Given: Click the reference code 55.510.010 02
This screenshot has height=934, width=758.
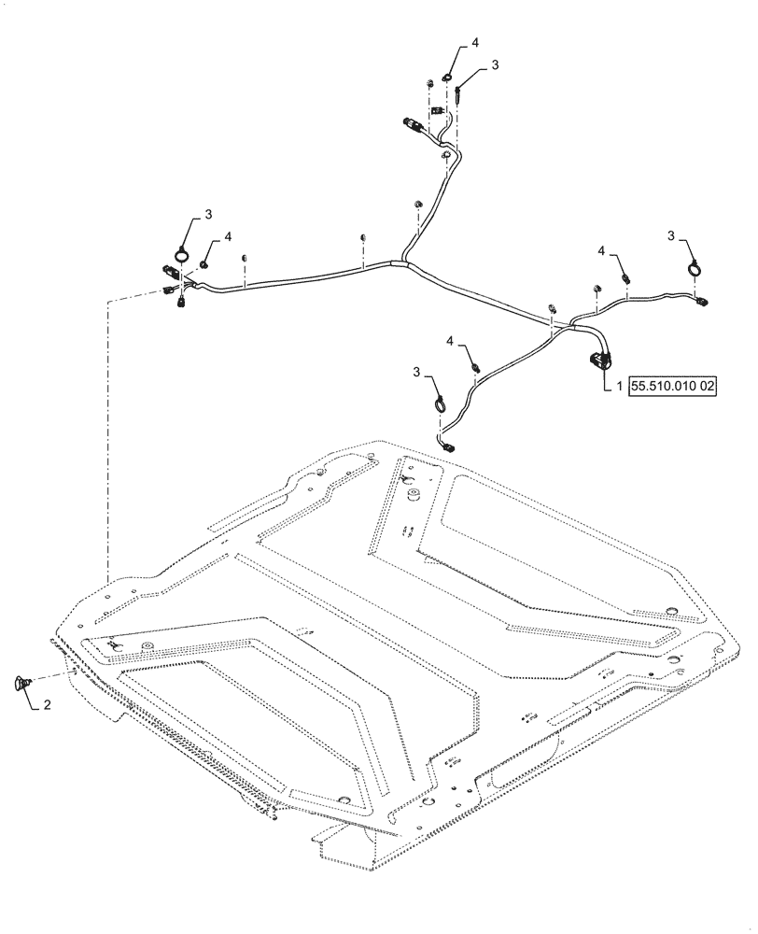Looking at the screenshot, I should pyautogui.click(x=675, y=385).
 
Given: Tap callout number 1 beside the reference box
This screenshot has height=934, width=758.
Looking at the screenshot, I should pyautogui.click(x=618, y=385).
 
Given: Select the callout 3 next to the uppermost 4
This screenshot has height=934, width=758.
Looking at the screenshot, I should pyautogui.click(x=495, y=64).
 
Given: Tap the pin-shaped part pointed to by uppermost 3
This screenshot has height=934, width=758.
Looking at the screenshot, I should pyautogui.click(x=462, y=94).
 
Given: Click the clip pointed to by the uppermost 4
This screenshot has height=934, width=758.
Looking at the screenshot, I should pyautogui.click(x=447, y=80).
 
